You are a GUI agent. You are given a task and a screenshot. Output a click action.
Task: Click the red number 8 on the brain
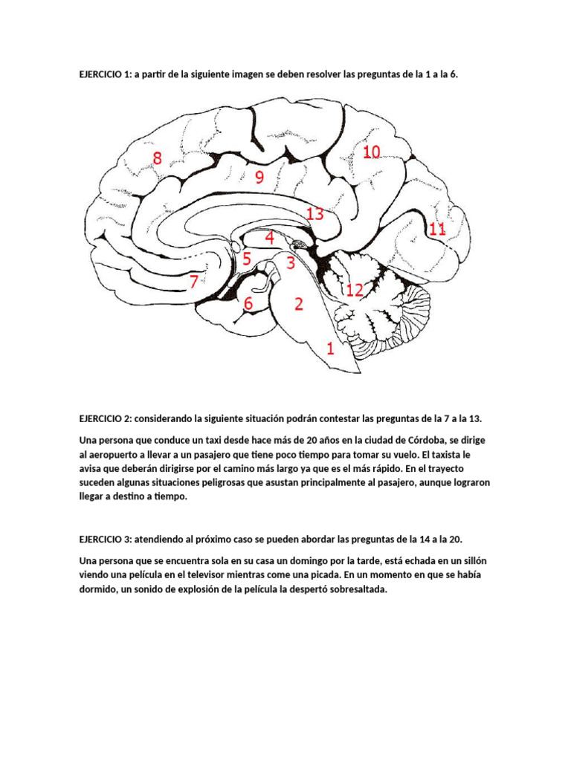(x=157, y=158)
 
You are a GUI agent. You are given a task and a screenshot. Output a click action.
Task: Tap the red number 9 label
(x=259, y=177)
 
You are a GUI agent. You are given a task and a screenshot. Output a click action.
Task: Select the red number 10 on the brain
(x=372, y=152)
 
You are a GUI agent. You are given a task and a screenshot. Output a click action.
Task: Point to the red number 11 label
(x=437, y=230)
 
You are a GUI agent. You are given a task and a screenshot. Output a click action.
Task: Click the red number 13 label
(x=314, y=215)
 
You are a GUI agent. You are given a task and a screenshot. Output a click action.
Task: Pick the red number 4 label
(x=269, y=239)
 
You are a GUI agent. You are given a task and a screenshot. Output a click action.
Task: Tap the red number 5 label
(x=246, y=259)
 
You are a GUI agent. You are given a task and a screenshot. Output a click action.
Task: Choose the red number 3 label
(x=290, y=262)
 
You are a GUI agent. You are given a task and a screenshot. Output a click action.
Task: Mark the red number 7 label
(x=193, y=282)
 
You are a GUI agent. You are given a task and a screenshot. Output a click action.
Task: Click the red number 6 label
(x=248, y=303)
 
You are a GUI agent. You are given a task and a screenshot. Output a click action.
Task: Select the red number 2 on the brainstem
(x=298, y=304)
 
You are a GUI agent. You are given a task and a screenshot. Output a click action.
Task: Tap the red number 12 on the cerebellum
(x=355, y=290)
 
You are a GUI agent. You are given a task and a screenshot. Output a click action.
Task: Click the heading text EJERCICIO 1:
(x=105, y=75)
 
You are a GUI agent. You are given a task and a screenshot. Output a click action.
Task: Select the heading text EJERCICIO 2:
(x=105, y=419)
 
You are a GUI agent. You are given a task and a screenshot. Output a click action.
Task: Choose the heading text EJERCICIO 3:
(x=105, y=539)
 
